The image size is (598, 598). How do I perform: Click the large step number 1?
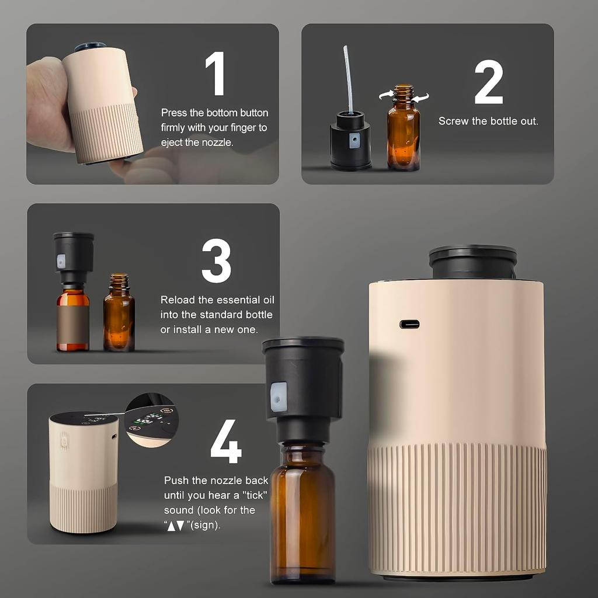pos(216,74)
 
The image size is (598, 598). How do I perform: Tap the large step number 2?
pos(488,82)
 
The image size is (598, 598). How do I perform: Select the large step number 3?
pos(216,261)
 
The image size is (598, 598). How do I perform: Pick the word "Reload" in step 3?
pos(178,300)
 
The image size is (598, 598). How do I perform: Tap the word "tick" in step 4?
pos(253,496)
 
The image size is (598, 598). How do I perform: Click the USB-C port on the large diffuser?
pos(409,324)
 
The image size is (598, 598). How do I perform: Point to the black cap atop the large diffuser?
pos(472,261)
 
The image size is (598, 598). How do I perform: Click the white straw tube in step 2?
pos(348,78)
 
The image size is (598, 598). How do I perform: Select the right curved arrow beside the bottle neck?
pos(420,98)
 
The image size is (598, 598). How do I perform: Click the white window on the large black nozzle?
pos(279,397)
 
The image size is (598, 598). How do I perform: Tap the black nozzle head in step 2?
pos(350,140)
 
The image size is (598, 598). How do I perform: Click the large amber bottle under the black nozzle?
pos(302,514)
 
